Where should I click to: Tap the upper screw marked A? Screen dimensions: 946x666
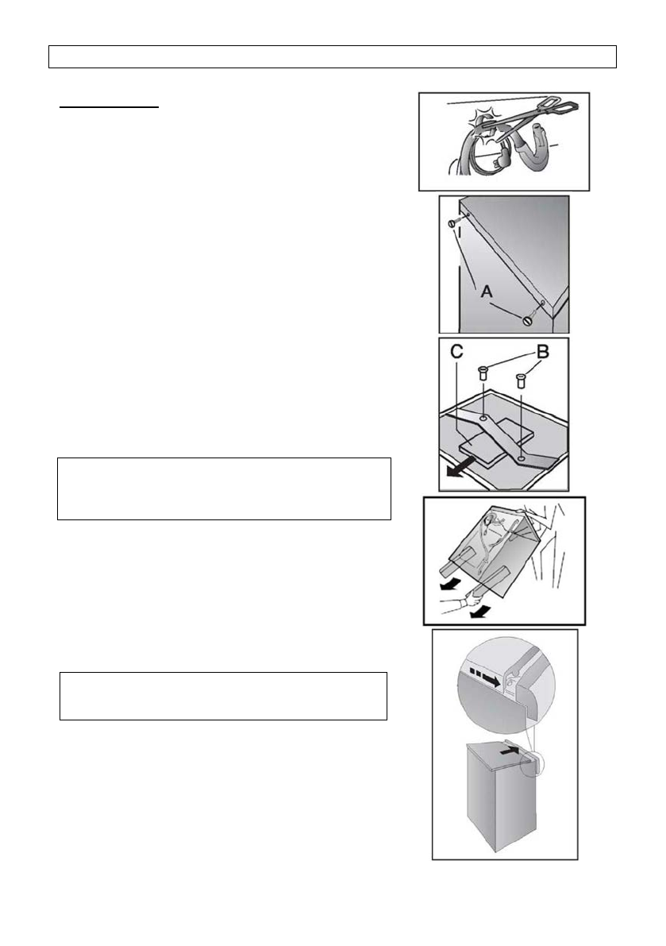tap(452, 223)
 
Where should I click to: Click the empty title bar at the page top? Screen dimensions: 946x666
tap(333, 57)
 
